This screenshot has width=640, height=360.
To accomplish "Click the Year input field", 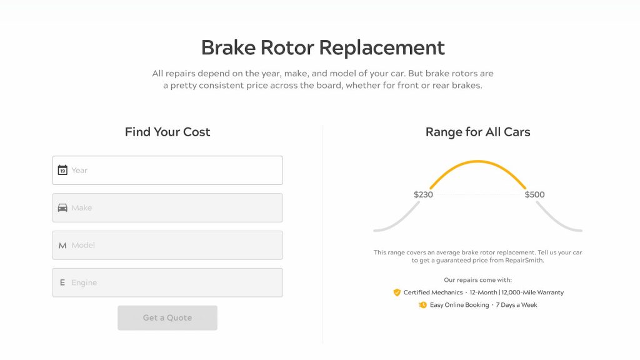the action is [167, 170].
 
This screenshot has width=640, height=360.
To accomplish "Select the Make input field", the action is [167, 207].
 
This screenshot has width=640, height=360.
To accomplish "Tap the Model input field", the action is [167, 245].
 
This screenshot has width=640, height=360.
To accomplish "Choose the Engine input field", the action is [167, 282].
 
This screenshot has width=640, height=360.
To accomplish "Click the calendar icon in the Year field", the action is [62, 170].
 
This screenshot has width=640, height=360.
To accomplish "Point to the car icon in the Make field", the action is [62, 207].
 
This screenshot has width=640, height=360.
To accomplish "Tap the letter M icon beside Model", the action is [62, 246].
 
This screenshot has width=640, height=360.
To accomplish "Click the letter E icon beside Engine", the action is [62, 282].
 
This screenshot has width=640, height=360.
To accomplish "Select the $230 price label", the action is [423, 195].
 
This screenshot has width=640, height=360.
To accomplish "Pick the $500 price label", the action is [535, 195].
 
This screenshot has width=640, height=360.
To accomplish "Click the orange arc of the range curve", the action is [478, 162].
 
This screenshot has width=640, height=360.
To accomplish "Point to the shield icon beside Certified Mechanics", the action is [397, 292].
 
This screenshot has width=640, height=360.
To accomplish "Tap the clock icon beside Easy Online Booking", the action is [423, 305].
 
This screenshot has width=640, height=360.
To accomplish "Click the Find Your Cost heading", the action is [167, 132].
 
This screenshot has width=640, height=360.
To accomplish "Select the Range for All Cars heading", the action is [478, 132].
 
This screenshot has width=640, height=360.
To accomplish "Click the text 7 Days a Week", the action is [516, 305].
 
